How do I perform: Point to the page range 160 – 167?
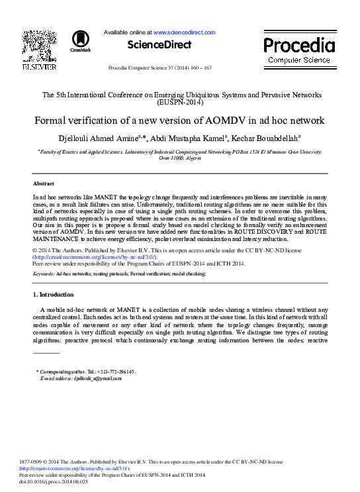pos(199,68)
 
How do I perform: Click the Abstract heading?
pos(44,183)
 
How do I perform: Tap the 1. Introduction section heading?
pos(54,294)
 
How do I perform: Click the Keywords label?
pos(44,273)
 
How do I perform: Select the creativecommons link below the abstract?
pos(94,257)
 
